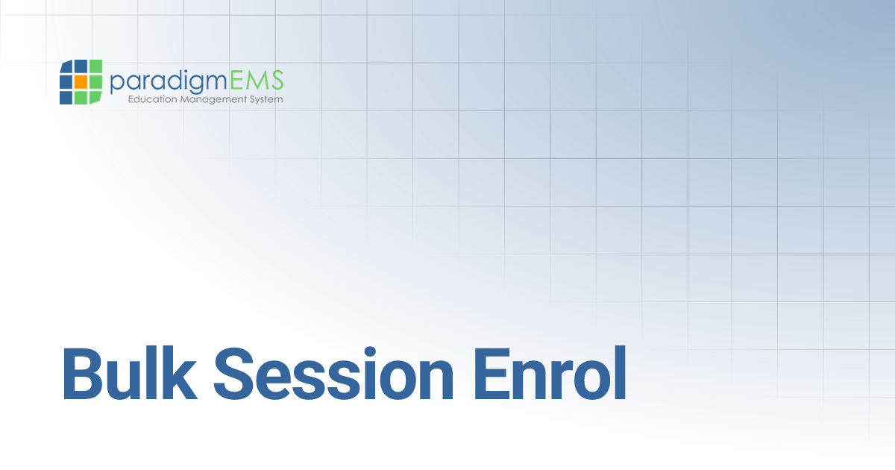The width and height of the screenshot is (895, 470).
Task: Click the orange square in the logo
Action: [81, 82]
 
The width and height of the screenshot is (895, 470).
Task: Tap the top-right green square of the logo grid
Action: [95, 67]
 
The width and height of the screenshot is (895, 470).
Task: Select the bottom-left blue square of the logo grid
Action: [66, 97]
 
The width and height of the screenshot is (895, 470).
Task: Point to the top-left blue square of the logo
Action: [66, 67]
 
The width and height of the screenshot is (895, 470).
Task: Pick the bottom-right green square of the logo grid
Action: [95, 96]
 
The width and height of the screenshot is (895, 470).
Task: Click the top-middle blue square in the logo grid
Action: [81, 67]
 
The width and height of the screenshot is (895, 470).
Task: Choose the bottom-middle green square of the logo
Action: [81, 97]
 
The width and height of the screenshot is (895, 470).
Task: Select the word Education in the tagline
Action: [153, 99]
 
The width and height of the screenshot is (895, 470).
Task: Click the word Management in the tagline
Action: [213, 99]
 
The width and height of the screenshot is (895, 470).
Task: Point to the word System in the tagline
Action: [266, 99]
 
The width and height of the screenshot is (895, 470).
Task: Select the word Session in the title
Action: [333, 372]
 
